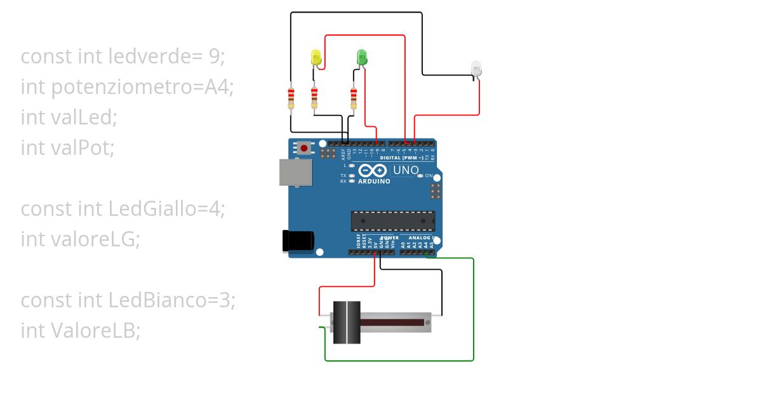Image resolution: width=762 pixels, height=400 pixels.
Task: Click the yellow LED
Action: point(316,58)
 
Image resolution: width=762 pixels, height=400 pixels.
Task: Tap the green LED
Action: point(361,57)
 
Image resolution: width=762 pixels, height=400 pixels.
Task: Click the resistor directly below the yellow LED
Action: point(314,98)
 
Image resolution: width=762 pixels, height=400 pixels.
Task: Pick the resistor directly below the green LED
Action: point(354,98)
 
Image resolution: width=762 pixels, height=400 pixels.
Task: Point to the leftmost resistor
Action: point(291,98)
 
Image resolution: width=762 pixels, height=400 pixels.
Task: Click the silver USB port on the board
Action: point(295,172)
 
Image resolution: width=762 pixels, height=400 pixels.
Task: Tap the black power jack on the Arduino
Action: point(297,241)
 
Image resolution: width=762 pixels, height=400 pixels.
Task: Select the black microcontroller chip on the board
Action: point(393,221)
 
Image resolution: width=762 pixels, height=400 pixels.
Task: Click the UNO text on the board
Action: point(406,170)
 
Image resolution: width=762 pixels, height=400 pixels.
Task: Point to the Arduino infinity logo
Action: point(373,171)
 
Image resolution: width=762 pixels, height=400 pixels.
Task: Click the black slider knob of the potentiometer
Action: point(347,323)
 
